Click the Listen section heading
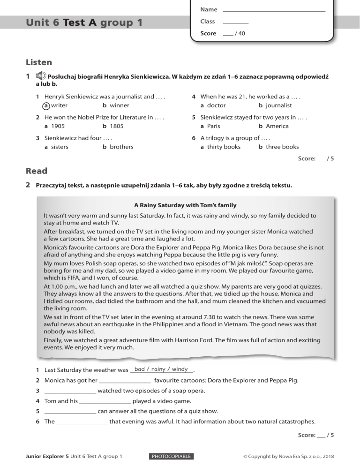[x=38, y=62]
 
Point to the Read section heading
[x=37, y=172]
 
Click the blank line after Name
[x=274, y=10]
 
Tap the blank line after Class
[x=235, y=22]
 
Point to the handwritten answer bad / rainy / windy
[x=161, y=369]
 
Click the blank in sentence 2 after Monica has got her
[x=125, y=381]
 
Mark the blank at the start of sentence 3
[x=70, y=391]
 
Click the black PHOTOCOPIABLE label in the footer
[x=171, y=456]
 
